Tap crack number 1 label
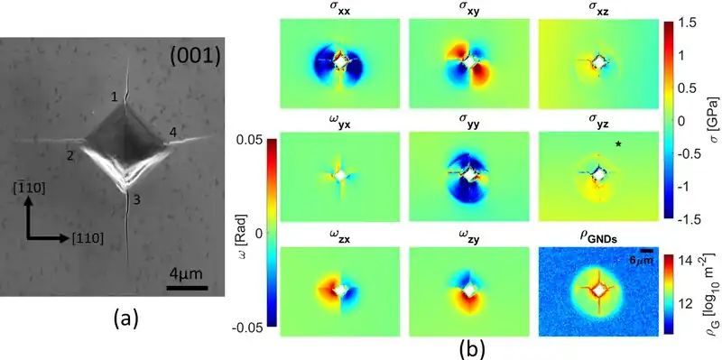click(x=115, y=97)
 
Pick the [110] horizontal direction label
click(x=87, y=239)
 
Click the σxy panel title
click(x=469, y=10)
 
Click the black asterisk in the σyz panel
click(x=618, y=144)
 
